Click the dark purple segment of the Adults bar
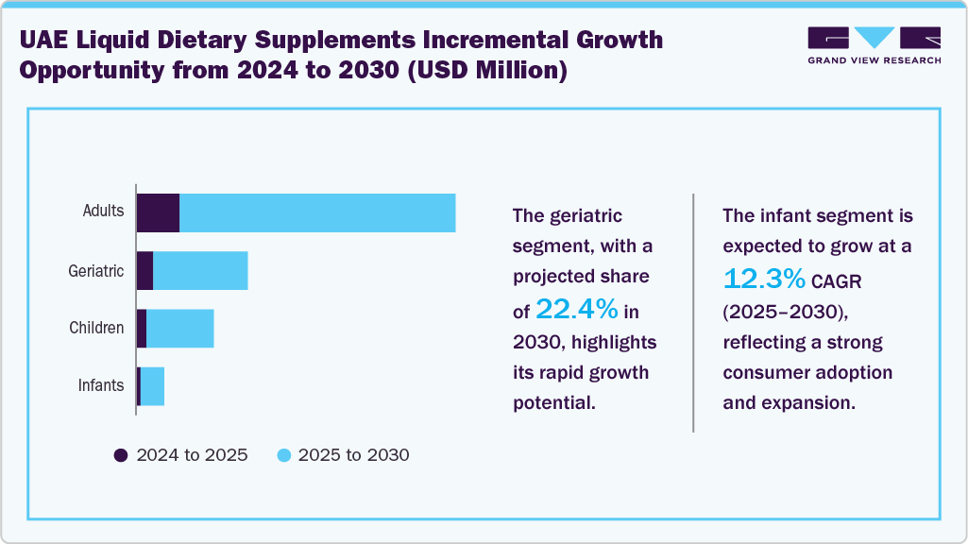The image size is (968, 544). (x=158, y=212)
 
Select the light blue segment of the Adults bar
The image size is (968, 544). (x=317, y=212)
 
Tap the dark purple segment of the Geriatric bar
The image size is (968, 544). (x=144, y=271)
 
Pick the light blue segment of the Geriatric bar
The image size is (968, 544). (x=200, y=271)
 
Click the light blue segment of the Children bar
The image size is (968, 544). (x=180, y=329)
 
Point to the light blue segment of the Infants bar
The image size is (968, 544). (x=152, y=386)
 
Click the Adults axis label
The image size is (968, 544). (x=103, y=211)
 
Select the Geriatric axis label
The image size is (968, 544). (x=96, y=271)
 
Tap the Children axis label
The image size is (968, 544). (x=96, y=329)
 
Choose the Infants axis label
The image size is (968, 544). (x=100, y=385)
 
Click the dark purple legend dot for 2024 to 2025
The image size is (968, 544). (x=120, y=455)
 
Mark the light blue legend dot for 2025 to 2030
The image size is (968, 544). (x=282, y=455)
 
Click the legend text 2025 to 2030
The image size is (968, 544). (x=353, y=455)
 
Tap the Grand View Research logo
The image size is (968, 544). (x=874, y=44)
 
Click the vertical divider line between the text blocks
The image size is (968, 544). (x=693, y=312)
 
